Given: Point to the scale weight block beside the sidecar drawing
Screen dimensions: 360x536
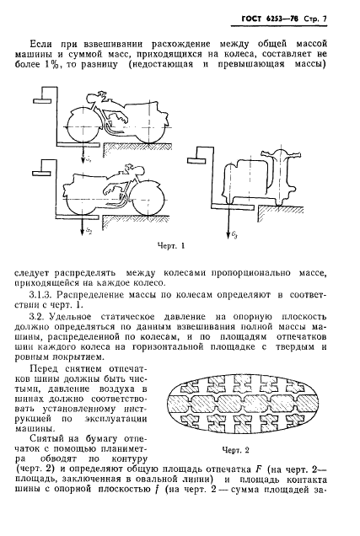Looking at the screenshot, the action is pyautogui.click(x=199, y=156).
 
